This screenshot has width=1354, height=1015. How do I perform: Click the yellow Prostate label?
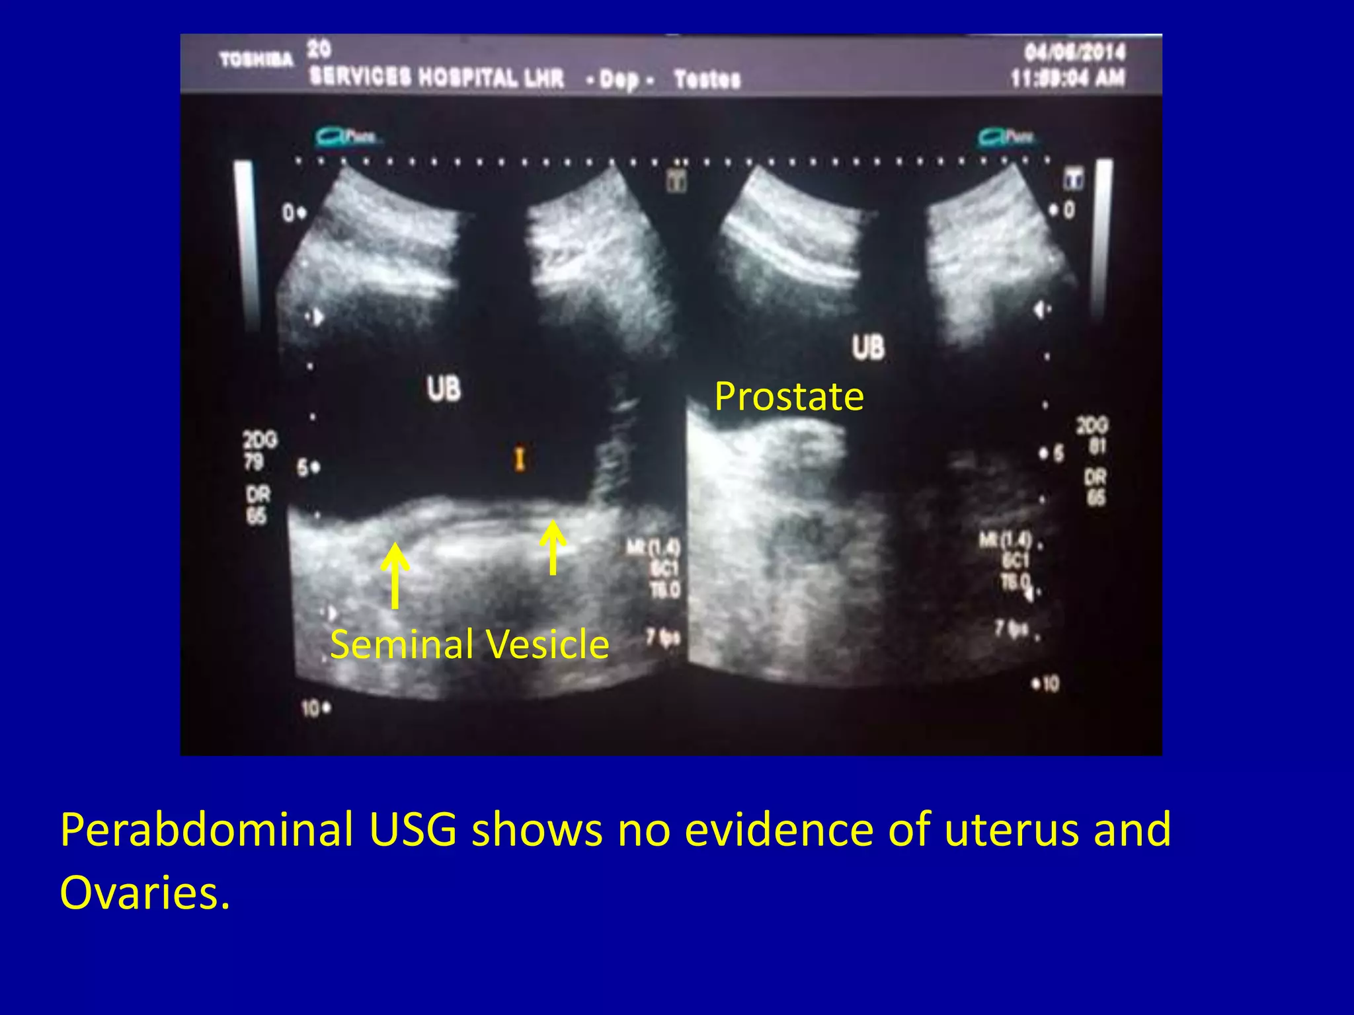pyautogui.click(x=789, y=396)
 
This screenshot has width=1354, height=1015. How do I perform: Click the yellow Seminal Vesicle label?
pyautogui.click(x=469, y=644)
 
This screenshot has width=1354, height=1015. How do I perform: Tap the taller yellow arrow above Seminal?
pyautogui.click(x=395, y=575)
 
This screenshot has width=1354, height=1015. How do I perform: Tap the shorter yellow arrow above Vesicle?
pyautogui.click(x=553, y=548)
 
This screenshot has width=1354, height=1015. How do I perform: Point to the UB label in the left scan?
pyautogui.click(x=444, y=389)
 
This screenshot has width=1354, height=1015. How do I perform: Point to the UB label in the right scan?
pyautogui.click(x=868, y=348)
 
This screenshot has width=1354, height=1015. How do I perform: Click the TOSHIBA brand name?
pyautogui.click(x=257, y=60)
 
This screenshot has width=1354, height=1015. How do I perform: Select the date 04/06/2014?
pyautogui.click(x=1074, y=52)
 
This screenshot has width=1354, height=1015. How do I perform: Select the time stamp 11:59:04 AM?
pyautogui.click(x=1068, y=79)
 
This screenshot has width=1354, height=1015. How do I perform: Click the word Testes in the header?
pyautogui.click(x=707, y=79)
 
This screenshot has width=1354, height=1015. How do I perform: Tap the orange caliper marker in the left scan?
pyautogui.click(x=520, y=458)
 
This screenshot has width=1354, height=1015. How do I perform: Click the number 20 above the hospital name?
pyautogui.click(x=319, y=48)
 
